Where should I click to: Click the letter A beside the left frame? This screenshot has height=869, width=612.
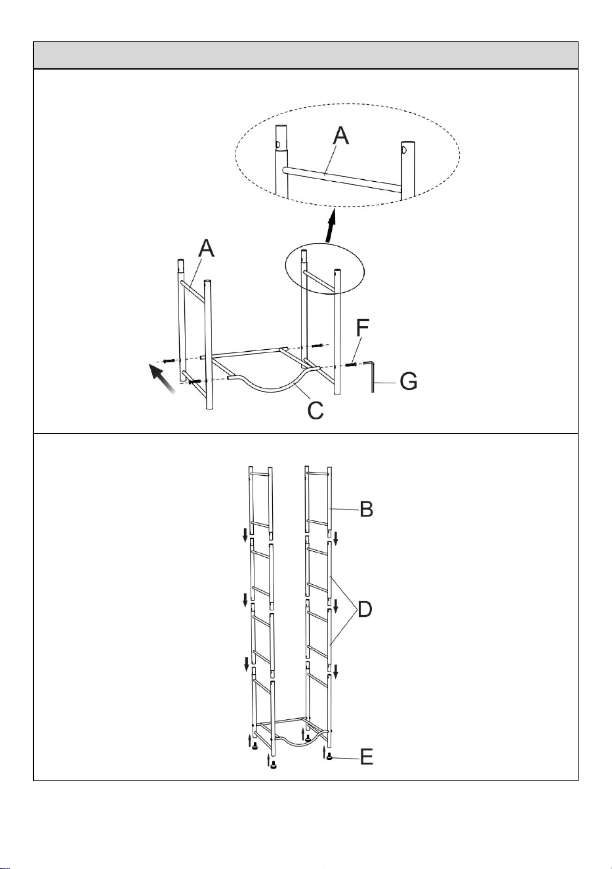click(x=207, y=247)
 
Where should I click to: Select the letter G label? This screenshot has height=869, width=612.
click(x=409, y=381)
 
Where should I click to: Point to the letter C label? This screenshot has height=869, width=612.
click(x=316, y=410)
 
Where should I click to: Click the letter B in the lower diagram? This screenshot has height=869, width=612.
click(x=366, y=509)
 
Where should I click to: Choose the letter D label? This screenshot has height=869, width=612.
click(x=365, y=610)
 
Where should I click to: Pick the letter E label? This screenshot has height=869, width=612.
click(x=367, y=757)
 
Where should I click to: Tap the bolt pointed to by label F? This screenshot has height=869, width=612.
click(x=350, y=364)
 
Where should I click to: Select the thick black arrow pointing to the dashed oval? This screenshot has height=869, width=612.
click(x=331, y=226)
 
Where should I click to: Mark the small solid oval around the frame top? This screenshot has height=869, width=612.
click(x=325, y=268)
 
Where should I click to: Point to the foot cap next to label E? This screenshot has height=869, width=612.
click(x=329, y=757)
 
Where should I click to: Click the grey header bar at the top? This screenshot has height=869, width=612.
click(x=306, y=55)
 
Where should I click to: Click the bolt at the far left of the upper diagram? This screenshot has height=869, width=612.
click(x=169, y=361)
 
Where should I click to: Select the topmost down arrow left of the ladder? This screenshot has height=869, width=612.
click(x=245, y=536)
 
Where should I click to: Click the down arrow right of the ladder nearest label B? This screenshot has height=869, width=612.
click(x=336, y=538)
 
